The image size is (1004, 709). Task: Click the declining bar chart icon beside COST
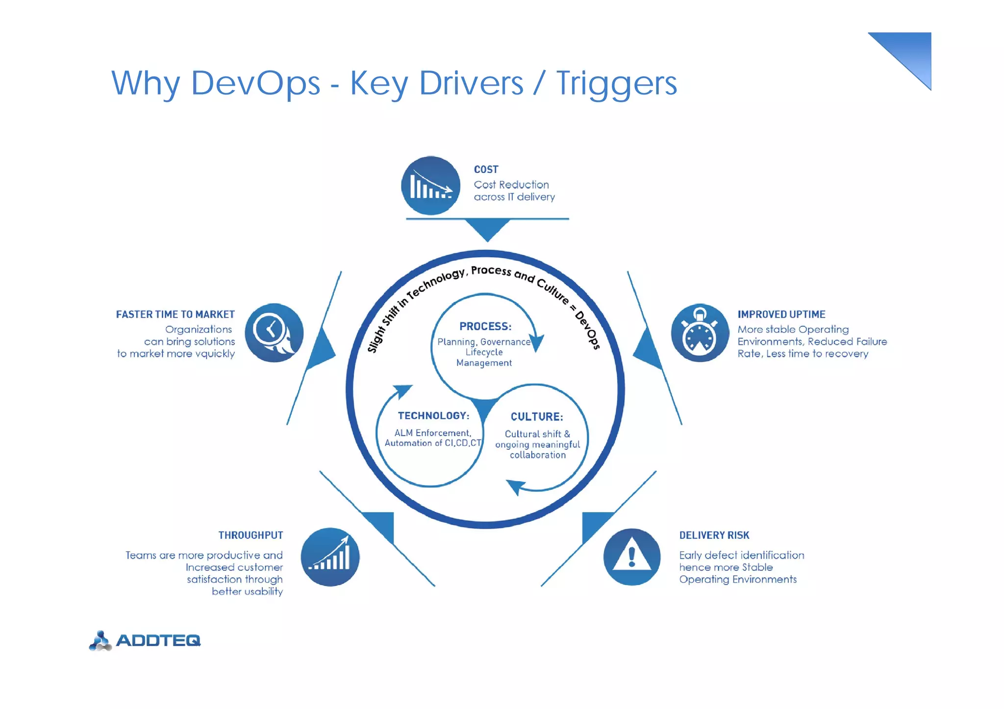pyautogui.click(x=430, y=186)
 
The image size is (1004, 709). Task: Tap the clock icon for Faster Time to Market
pyautogui.click(x=274, y=333)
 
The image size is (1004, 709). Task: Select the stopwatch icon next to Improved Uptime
pyautogui.click(x=700, y=333)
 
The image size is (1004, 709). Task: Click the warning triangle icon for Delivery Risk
pyautogui.click(x=632, y=557)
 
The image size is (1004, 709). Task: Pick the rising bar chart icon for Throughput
pyautogui.click(x=330, y=557)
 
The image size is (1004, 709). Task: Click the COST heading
pyautogui.click(x=486, y=170)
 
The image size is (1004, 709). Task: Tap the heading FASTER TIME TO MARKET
pyautogui.click(x=175, y=315)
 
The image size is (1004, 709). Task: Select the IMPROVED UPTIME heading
pyautogui.click(x=781, y=315)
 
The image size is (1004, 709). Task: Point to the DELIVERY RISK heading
pyautogui.click(x=714, y=535)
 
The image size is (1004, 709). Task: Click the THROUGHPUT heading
pyautogui.click(x=251, y=535)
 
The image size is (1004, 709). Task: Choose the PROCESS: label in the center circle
pyautogui.click(x=485, y=326)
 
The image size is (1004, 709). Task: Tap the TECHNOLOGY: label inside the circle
pyautogui.click(x=433, y=416)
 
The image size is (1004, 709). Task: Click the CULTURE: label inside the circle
pyautogui.click(x=537, y=417)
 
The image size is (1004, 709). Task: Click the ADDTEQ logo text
pyautogui.click(x=158, y=640)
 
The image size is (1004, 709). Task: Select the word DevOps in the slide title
pyautogui.click(x=255, y=83)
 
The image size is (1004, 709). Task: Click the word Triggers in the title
pyautogui.click(x=616, y=83)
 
